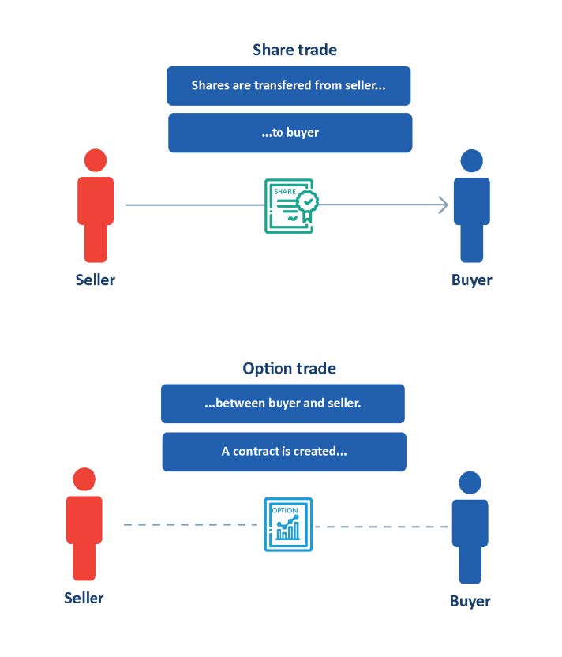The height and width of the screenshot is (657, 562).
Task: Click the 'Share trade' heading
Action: point(294,51)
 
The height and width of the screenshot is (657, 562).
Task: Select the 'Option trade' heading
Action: point(289,369)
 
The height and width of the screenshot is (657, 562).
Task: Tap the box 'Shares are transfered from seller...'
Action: point(288,85)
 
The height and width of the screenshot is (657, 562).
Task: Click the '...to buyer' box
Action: point(290,133)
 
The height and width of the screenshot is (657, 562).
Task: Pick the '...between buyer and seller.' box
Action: point(283,404)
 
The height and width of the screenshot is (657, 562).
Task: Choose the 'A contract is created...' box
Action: point(284,452)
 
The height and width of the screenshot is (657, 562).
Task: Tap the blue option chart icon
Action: point(287,524)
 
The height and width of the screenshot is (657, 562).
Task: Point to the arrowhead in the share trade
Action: point(443,205)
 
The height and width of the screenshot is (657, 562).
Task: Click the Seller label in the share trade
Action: point(95,280)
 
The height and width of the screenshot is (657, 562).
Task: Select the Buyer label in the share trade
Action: point(471,280)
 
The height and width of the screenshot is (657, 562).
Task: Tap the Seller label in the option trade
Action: point(84,598)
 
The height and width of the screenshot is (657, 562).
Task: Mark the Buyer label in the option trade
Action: point(470,601)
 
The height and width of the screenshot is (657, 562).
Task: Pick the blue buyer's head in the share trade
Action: point(471,160)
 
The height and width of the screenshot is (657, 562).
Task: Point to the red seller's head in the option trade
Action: point(84,479)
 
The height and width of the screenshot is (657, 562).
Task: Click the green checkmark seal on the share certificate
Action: point(307,201)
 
